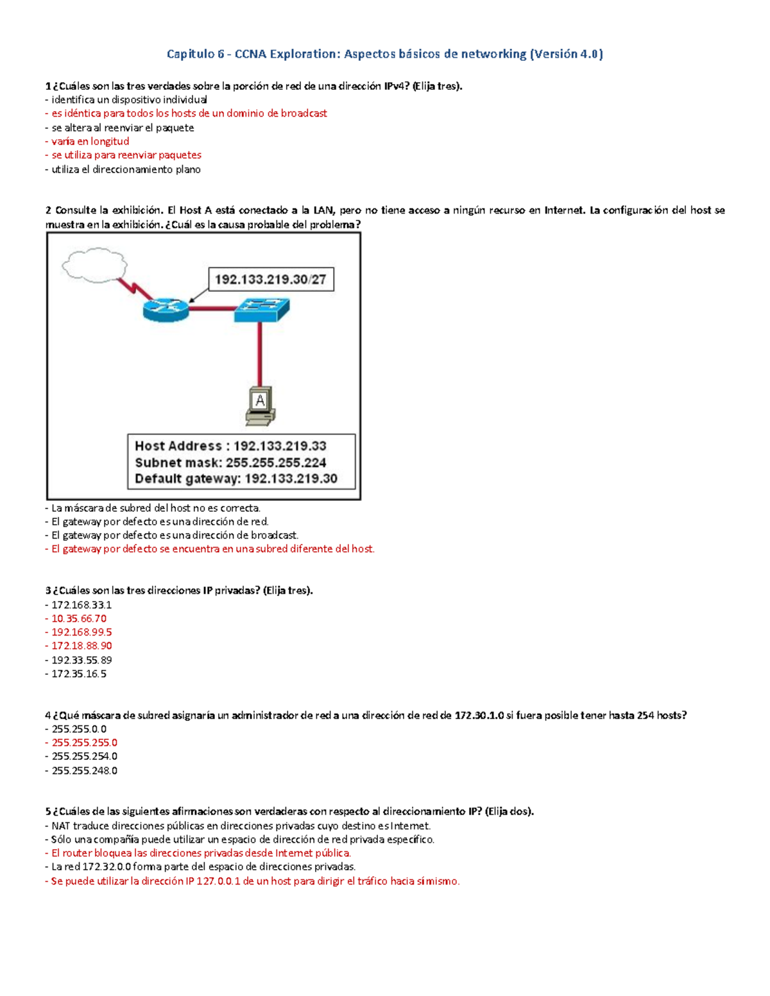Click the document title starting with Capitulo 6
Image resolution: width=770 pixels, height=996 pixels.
point(384,54)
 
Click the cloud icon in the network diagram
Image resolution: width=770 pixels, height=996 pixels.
point(94,265)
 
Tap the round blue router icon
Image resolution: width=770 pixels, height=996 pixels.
point(166,310)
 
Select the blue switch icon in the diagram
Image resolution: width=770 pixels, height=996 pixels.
point(261,310)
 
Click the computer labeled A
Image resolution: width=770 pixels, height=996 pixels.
point(260,405)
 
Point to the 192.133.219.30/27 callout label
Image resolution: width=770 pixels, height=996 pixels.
point(271,280)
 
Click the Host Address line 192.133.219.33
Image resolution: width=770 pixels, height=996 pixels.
point(230,446)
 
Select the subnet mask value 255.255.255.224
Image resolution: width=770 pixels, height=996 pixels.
point(276,462)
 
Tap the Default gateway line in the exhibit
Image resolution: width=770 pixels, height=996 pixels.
point(235,478)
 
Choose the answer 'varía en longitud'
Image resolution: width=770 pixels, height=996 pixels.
point(90,141)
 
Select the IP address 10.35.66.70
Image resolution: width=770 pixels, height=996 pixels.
point(78,618)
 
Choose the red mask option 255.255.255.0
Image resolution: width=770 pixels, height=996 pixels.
point(84,743)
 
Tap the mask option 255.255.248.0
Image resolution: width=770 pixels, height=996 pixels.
point(84,770)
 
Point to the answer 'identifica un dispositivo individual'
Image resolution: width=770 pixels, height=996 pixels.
point(129,99)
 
